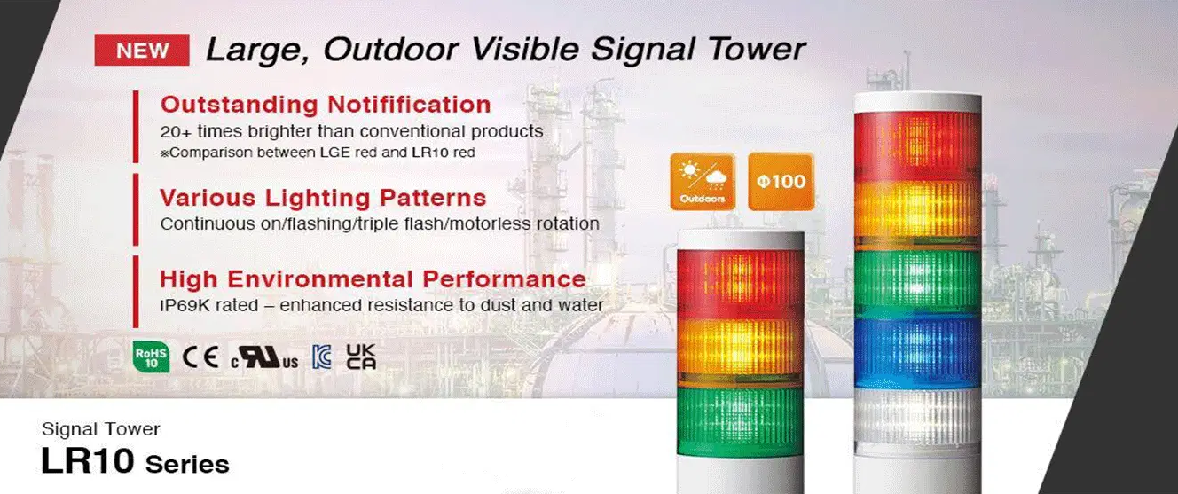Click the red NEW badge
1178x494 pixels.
[x=142, y=50]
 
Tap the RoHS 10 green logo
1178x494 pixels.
[x=151, y=357]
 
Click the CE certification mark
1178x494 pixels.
[x=200, y=357]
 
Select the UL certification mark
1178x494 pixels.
[x=264, y=358]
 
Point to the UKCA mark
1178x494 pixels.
[x=361, y=357]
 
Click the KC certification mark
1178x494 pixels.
[x=321, y=357]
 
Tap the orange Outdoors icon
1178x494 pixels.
[x=703, y=181]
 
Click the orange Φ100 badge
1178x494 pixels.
[x=781, y=181]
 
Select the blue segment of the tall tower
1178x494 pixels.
[x=918, y=353]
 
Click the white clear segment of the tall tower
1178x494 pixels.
[x=918, y=418]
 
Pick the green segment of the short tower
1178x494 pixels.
[x=741, y=421]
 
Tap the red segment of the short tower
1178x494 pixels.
[x=741, y=284]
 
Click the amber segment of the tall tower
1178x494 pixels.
[x=918, y=211]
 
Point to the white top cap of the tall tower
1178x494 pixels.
[x=918, y=103]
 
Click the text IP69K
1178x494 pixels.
[x=183, y=305]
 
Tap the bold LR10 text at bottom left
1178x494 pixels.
[x=87, y=461]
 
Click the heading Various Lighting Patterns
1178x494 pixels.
[x=323, y=198]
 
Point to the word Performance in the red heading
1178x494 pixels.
[x=505, y=279]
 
